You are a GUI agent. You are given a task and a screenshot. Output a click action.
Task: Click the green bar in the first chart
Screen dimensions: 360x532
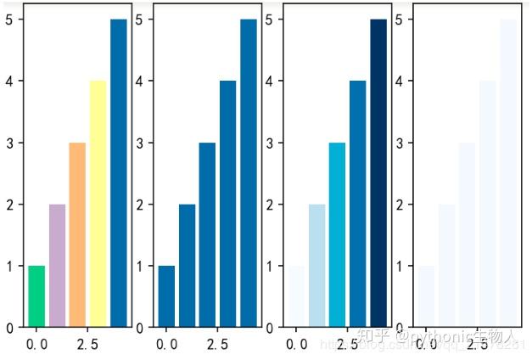click(x=36, y=296)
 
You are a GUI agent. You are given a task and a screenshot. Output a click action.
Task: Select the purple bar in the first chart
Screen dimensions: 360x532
click(x=57, y=266)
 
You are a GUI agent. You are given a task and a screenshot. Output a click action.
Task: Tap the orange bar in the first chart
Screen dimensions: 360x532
click(x=77, y=235)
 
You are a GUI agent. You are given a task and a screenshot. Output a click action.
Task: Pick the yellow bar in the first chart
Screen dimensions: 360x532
click(x=98, y=204)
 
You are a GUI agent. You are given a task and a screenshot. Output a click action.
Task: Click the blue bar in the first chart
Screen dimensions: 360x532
click(x=119, y=173)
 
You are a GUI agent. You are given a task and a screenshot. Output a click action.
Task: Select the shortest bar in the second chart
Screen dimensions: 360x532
click(x=166, y=296)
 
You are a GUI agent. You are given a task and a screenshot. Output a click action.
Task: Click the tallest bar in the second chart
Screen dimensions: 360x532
click(x=249, y=173)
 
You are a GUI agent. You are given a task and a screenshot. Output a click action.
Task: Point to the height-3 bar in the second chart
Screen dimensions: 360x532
click(x=207, y=235)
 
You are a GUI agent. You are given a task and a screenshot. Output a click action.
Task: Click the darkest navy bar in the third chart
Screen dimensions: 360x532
click(x=378, y=173)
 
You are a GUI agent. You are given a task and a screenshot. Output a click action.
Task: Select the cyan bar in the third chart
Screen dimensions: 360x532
click(x=337, y=235)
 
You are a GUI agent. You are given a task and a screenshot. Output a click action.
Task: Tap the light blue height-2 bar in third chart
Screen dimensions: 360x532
click(x=316, y=266)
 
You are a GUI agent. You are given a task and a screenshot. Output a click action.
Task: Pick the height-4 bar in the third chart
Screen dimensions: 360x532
click(x=357, y=204)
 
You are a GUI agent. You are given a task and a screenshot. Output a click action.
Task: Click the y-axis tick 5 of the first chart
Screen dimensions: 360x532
click(x=8, y=20)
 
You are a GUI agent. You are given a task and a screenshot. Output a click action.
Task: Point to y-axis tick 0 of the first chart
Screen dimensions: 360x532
click(x=8, y=327)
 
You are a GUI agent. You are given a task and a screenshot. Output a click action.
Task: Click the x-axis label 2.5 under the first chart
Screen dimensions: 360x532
click(x=87, y=345)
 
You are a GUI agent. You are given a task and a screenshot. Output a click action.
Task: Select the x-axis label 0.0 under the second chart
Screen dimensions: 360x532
click(x=166, y=345)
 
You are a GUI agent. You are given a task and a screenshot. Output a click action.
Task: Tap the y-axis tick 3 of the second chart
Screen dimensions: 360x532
click(x=139, y=143)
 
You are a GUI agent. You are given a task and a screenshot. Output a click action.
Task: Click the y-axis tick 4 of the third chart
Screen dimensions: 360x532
click(x=268, y=82)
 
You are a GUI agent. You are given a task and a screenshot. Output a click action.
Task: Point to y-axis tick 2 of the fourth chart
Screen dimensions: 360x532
click(x=399, y=205)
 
